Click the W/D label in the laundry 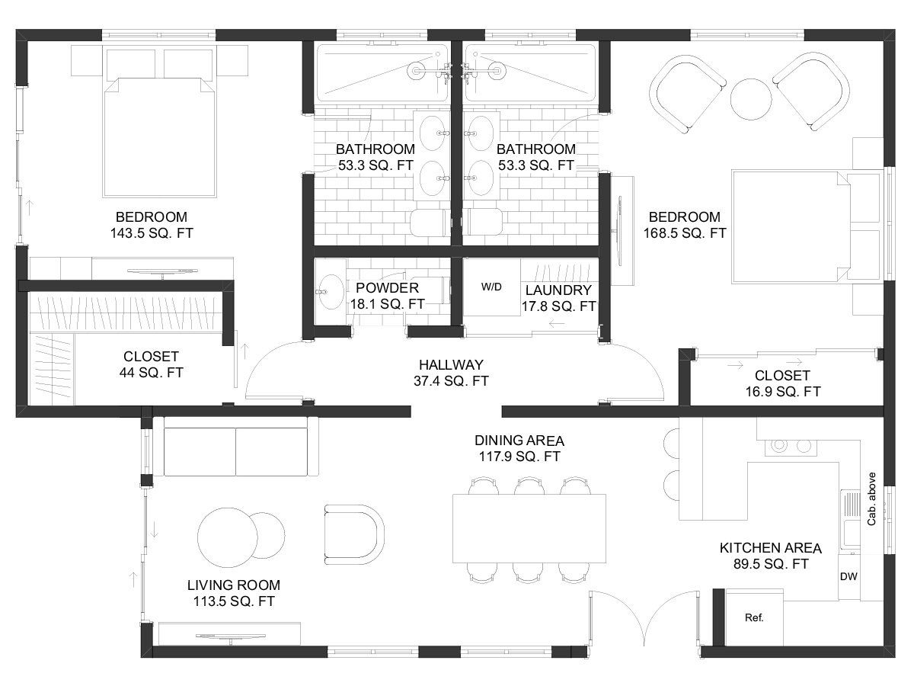click(x=491, y=287)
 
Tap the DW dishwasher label click(x=848, y=576)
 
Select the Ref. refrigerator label click(x=754, y=617)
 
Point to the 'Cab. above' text click(x=871, y=499)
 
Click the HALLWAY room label click(x=451, y=365)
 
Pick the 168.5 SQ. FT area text click(x=685, y=232)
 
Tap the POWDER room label click(x=387, y=288)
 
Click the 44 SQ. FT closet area click(x=151, y=373)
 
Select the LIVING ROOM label click(x=234, y=585)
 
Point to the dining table click(x=529, y=528)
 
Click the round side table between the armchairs click(x=751, y=100)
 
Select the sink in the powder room click(x=331, y=292)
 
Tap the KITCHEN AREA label click(x=771, y=548)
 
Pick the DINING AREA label click(x=519, y=441)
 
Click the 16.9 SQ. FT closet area click(x=783, y=392)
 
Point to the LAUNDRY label click(x=558, y=290)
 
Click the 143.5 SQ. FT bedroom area click(x=152, y=232)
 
